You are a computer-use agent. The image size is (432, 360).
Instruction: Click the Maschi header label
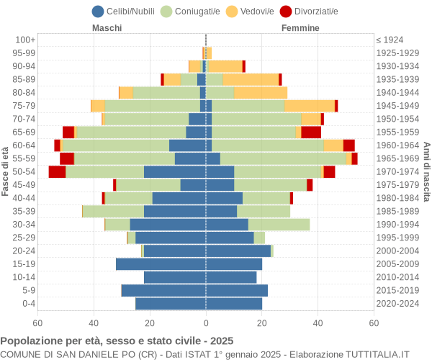tap(107, 28)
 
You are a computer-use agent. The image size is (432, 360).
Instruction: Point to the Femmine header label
tap(300, 28)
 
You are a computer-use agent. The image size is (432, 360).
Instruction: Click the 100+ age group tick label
tap(26, 40)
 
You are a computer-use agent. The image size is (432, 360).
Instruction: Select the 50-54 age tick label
tap(24, 171)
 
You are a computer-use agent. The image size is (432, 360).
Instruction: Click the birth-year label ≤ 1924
tap(394, 40)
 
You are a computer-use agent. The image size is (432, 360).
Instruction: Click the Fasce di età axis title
tap(6, 171)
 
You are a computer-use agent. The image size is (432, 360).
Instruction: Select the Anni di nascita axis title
tap(426, 171)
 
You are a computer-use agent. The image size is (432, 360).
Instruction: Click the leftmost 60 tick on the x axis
tap(38, 324)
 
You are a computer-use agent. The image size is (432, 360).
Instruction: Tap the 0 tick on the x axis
tap(206, 324)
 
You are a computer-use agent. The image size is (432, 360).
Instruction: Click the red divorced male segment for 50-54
tap(57, 171)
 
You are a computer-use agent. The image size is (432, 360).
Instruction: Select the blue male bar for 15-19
tap(161, 264)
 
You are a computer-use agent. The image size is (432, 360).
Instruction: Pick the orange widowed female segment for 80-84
tap(261, 92)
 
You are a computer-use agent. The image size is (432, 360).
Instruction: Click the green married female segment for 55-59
tap(283, 158)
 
